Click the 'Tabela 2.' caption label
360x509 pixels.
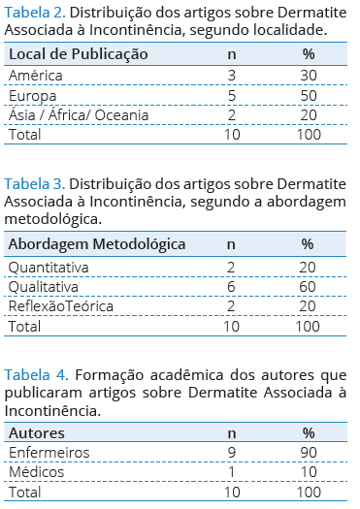click(35, 13)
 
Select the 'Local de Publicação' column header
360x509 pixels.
click(79, 54)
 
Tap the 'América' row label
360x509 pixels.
click(35, 76)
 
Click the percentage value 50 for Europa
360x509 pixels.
click(309, 95)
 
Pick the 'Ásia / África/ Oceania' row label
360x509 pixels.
click(79, 115)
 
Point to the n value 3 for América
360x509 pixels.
click(232, 76)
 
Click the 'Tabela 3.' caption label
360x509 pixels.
click(35, 184)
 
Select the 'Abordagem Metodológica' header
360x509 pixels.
click(97, 244)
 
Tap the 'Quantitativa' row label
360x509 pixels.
click(49, 268)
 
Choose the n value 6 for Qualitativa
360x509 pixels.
click(231, 287)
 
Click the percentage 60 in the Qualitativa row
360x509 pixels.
click(308, 287)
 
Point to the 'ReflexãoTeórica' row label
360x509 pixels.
click(61, 306)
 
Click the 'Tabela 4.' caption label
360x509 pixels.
click(37, 375)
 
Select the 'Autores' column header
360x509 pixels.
click(37, 433)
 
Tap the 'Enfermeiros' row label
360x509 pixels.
click(49, 453)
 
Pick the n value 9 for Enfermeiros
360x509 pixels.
click(232, 453)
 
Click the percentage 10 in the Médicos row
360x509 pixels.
click(309, 471)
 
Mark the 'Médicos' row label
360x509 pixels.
click(37, 471)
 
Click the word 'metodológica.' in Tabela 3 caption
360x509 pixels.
click(53, 219)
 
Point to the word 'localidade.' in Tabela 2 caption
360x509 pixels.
click(290, 30)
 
